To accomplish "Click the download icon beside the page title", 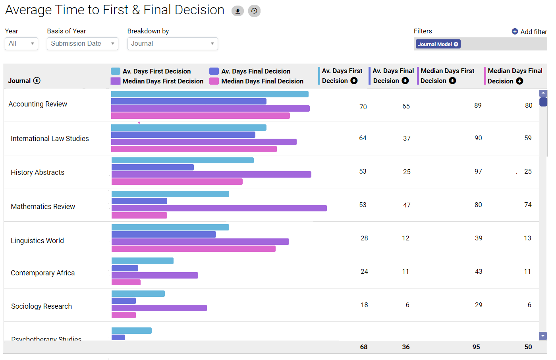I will click(x=237, y=11).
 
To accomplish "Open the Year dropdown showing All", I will click(x=21, y=44).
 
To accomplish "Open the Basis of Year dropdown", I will click(x=83, y=44).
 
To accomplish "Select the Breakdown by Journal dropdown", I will click(x=172, y=44).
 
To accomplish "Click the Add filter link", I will click(x=529, y=32).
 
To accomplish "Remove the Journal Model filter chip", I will click(x=456, y=44).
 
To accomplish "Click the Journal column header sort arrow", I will click(x=37, y=81).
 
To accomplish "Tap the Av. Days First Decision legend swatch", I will click(x=116, y=71).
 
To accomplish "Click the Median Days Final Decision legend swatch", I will click(x=214, y=81).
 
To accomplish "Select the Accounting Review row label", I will click(x=38, y=104).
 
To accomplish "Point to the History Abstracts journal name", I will click(x=37, y=172).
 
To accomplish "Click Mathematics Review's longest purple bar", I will click(x=219, y=208).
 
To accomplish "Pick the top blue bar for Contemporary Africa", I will click(x=143, y=261).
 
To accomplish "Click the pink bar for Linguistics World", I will click(x=193, y=249).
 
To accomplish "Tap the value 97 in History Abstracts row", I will click(x=478, y=171).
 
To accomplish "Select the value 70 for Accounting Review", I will click(x=363, y=107).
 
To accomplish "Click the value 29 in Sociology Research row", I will click(x=479, y=305).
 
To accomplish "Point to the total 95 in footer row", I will click(x=476, y=347).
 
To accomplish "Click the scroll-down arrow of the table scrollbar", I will click(x=543, y=336).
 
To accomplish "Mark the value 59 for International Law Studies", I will click(x=528, y=138).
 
